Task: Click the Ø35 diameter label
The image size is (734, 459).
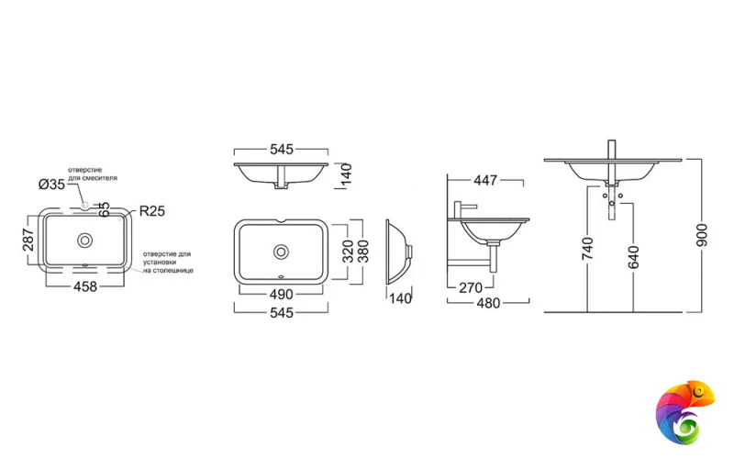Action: pos(51,184)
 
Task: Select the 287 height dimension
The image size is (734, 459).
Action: pos(28,241)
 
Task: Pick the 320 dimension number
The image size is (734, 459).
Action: pos(349,250)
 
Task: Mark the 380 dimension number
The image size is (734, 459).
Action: pos(363,250)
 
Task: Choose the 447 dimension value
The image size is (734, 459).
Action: pos(485,180)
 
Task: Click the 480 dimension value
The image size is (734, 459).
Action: pos(487,304)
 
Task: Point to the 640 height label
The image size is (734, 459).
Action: pos(633,251)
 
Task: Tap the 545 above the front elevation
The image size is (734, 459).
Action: pos(281,149)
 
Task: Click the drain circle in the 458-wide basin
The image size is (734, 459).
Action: pos(84,241)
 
